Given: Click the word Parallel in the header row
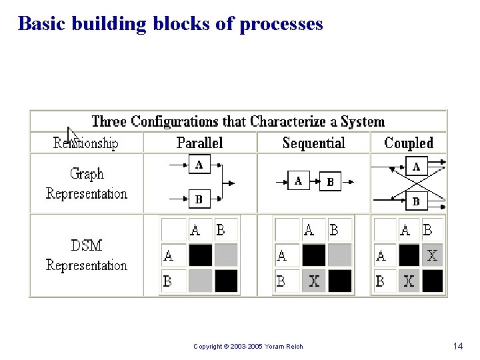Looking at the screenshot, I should click(x=200, y=143).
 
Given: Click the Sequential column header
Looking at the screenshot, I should click(x=313, y=143).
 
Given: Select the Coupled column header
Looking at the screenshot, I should click(x=409, y=143).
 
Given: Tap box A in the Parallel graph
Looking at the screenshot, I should click(x=199, y=165).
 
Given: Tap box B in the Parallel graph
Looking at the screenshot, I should click(x=199, y=198).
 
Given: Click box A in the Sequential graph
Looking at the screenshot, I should click(x=298, y=181).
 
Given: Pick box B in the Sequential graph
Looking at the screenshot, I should click(x=330, y=181).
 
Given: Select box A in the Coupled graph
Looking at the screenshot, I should click(x=416, y=166).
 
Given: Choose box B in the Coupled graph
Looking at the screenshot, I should click(x=416, y=200).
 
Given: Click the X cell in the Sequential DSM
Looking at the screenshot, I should click(x=314, y=281).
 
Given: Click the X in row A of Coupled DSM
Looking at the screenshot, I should click(x=432, y=255).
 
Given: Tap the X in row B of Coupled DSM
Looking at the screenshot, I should click(x=409, y=281).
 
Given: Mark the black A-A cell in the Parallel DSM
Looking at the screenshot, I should click(x=200, y=255).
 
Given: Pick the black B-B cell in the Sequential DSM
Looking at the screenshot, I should click(x=340, y=281).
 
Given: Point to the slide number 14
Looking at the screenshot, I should click(x=457, y=346).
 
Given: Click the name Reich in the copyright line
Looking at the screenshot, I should click(x=294, y=347).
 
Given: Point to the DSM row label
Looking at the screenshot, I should click(x=87, y=245).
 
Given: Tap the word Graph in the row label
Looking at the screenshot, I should click(x=87, y=174).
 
